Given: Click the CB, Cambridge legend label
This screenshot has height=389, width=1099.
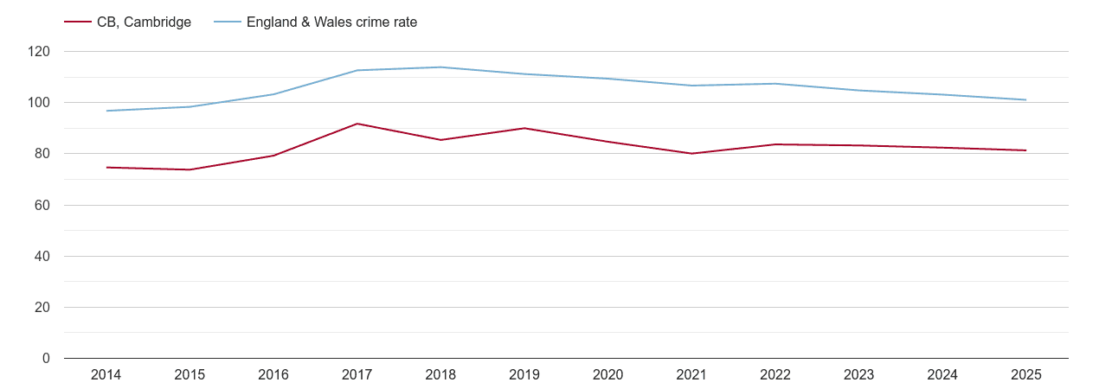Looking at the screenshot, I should coord(144,22).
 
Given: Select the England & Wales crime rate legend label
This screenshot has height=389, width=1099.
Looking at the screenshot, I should coord(331,22).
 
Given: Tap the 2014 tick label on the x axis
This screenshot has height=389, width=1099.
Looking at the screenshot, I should coord(106,375).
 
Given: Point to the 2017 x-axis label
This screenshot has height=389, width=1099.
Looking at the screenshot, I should coord(357,375).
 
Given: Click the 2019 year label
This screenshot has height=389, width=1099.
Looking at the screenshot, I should coord(524,375).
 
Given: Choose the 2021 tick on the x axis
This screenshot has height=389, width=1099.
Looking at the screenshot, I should coord(691,375).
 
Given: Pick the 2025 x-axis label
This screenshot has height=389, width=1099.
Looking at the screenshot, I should coord(1025,375).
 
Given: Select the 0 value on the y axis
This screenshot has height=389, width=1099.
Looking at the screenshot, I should coord(47,359).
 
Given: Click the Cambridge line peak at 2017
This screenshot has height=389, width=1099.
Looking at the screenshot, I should coord(357,124).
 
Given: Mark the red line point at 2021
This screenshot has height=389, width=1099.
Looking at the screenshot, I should coord(691,154).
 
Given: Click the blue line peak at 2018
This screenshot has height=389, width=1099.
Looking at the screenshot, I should coord(440,67).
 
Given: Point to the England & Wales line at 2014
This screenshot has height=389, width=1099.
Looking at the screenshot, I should coord(106,111).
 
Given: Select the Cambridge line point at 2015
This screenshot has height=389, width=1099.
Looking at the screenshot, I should coord(190,169).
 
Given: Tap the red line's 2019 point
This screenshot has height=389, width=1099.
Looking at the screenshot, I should coord(524,128).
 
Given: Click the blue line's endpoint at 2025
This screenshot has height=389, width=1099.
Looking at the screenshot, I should coord(1025,100).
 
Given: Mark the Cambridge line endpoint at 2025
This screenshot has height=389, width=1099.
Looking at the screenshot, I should coord(1025,150).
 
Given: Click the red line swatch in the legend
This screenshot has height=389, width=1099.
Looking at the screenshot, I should coord(78,22).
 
